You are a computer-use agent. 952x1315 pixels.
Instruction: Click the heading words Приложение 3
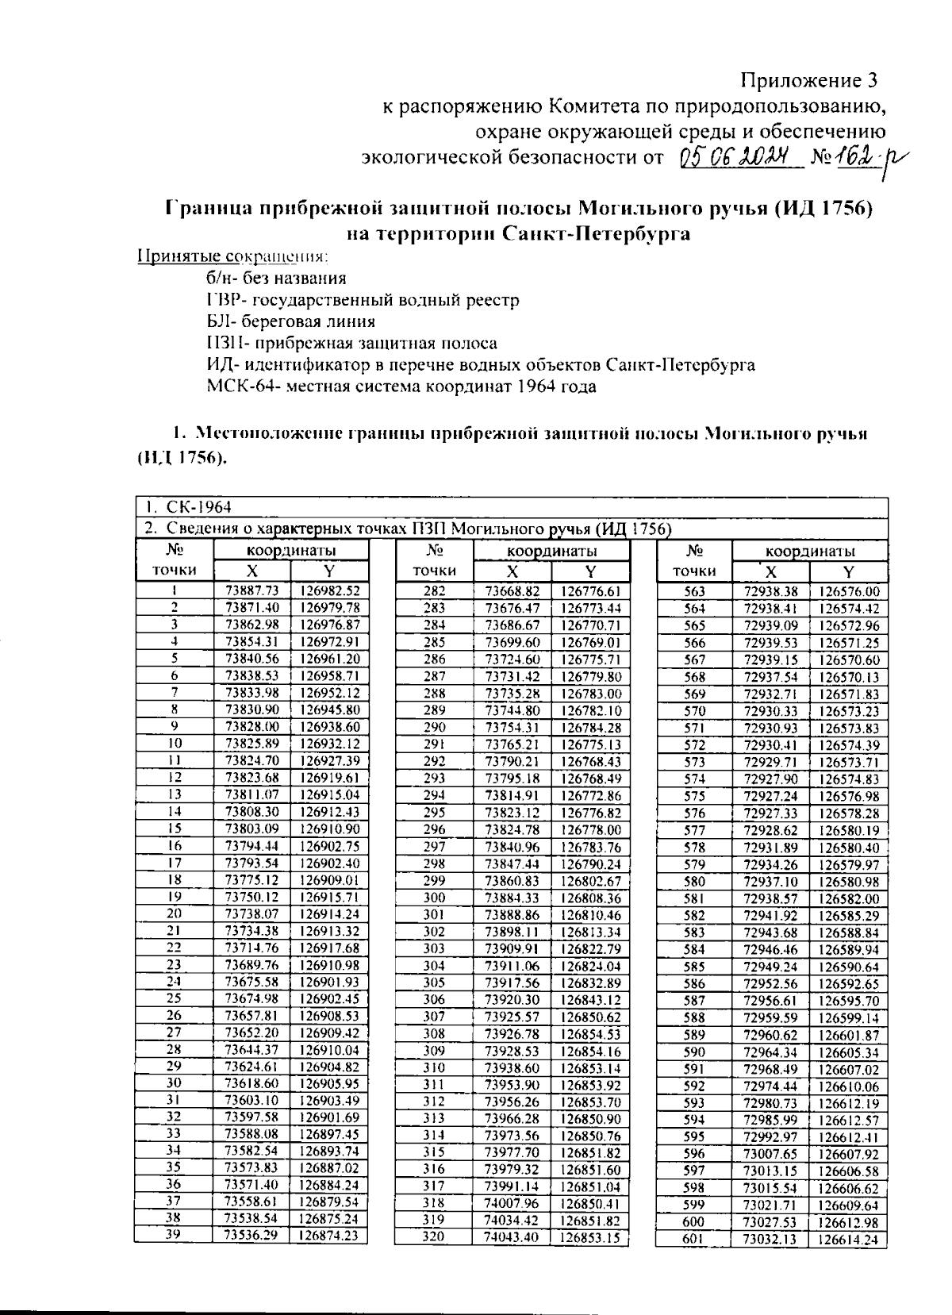tap(809, 80)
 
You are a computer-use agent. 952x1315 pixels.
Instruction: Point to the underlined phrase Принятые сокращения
tap(233, 256)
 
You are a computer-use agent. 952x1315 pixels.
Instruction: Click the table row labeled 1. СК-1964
tap(187, 507)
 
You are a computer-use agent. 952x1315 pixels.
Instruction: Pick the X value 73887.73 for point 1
tap(252, 590)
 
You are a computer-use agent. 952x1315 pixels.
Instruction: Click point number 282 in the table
tap(435, 590)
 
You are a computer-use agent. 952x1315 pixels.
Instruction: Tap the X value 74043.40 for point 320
tap(512, 1236)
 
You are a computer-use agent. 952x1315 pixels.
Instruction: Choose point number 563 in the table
tap(694, 591)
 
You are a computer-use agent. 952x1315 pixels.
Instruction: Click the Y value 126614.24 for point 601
tap(848, 1240)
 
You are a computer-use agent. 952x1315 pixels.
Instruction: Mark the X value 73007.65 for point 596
tap(770, 1155)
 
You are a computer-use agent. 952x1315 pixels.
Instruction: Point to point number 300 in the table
tap(435, 898)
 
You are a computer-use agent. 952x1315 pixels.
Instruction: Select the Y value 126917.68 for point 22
tap(329, 948)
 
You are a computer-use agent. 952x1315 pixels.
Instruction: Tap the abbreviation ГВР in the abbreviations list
tap(221, 300)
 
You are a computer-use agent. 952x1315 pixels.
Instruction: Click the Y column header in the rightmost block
tap(848, 571)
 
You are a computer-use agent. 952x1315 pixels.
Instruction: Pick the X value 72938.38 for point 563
tap(770, 591)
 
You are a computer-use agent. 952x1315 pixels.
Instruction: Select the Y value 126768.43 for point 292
tap(590, 761)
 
